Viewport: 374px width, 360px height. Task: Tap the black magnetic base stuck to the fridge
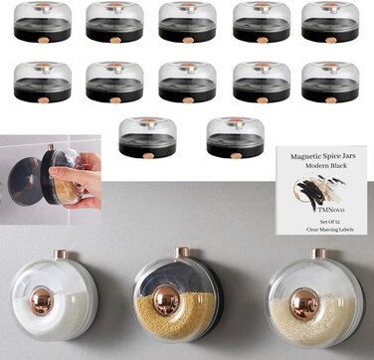27,181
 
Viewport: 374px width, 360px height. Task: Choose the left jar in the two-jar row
147,137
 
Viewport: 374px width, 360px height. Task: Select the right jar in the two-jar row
235,137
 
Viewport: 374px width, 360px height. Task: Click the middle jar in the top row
186,22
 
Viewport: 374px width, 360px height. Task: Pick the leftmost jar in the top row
42,22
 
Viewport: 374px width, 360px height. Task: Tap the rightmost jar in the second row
329,82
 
